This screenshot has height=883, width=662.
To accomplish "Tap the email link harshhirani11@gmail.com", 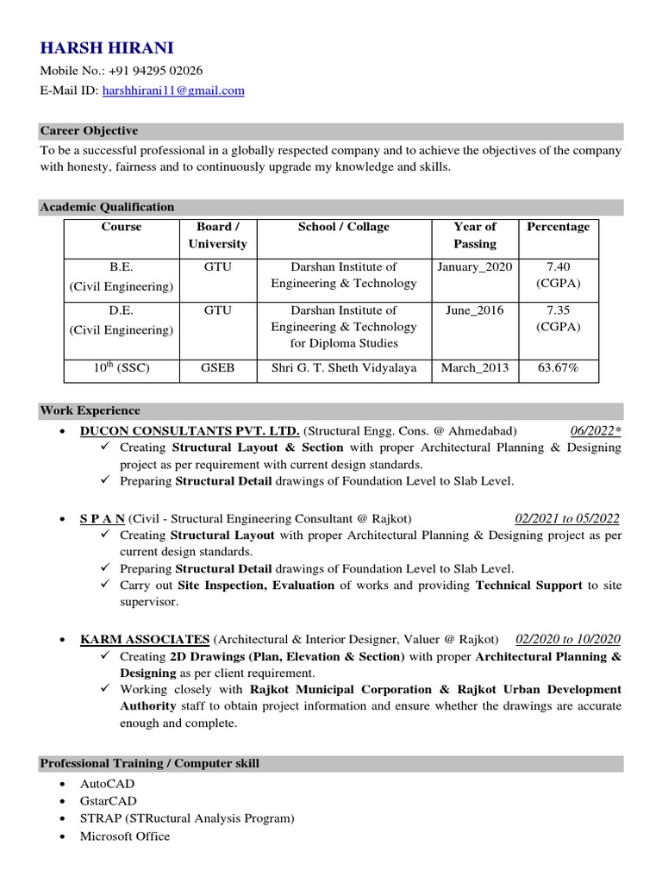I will coord(173,90).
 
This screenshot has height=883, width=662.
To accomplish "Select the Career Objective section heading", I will coord(89,131).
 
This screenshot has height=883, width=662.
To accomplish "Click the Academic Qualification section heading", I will coord(107,207).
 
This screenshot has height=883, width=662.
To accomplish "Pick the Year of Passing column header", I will coord(475,235).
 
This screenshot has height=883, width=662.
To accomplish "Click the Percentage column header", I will coord(559,227).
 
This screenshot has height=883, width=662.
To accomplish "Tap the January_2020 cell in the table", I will coord(475,267).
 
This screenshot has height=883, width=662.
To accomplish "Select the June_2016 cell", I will coord(475,310).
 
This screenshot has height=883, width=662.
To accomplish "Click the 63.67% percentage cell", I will coord(559,369).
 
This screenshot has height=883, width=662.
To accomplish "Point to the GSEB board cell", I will coord(217,369).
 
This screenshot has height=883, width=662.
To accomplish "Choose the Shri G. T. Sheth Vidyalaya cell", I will coord(344,369).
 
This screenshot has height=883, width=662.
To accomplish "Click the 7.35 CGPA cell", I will coord(559,318).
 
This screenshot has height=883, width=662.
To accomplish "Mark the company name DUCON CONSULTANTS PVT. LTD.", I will coord(190,431).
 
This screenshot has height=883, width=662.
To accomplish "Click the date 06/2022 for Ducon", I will coord(595,431).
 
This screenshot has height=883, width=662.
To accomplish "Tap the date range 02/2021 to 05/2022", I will coord(566,518).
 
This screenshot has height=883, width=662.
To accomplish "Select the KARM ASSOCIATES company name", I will coord(145,639).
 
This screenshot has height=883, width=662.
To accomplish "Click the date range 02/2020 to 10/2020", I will coord(567,639).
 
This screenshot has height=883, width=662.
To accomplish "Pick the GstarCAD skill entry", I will coord(109,801).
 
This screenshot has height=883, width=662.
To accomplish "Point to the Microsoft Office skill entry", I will coord(125,836).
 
